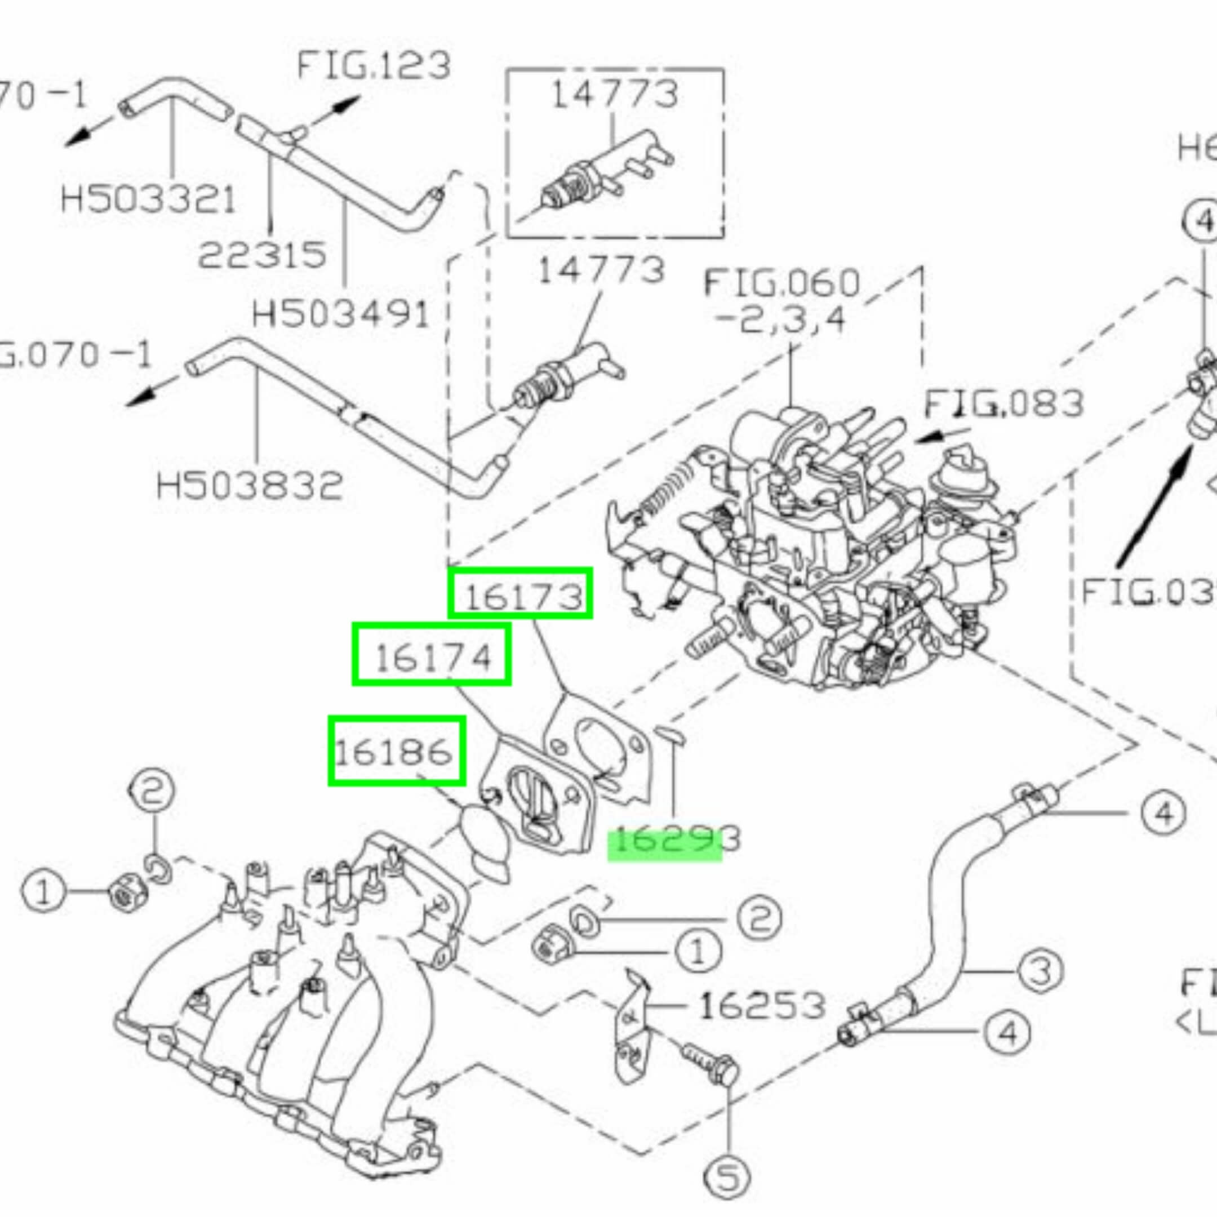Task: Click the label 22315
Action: tap(262, 255)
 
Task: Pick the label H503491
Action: tap(340, 313)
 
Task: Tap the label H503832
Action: tap(250, 486)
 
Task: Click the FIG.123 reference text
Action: tap(374, 65)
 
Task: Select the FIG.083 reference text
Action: tap(1003, 403)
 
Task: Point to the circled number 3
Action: tap(1040, 971)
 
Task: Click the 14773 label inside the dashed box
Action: tap(614, 95)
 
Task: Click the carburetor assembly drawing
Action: tap(812, 554)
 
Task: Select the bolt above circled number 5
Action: tap(709, 1063)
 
